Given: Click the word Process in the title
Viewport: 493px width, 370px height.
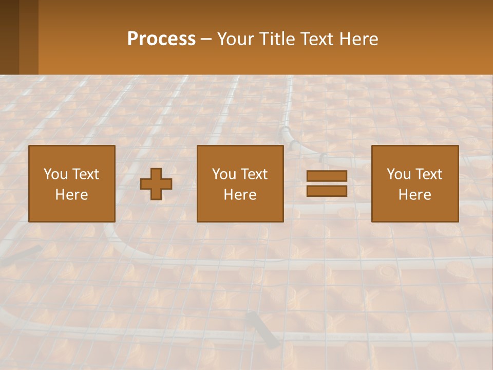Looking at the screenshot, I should (161, 39).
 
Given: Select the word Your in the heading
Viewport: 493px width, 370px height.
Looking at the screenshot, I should (236, 39).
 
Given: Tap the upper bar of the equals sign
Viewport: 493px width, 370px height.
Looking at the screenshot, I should (327, 176).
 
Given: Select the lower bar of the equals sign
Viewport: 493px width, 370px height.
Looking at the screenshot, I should (327, 191).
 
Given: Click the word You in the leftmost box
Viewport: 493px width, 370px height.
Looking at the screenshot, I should (55, 174).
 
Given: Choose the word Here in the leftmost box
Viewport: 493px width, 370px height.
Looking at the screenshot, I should (71, 195).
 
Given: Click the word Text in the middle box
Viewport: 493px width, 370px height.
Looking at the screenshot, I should (254, 174).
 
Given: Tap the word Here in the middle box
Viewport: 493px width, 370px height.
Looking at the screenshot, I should (240, 195).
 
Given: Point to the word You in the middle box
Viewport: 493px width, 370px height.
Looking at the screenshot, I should (223, 174).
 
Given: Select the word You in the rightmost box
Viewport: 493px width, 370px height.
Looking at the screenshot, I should (398, 174).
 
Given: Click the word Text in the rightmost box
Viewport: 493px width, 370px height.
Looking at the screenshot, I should (428, 174).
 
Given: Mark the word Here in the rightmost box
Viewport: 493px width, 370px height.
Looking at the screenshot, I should (414, 195).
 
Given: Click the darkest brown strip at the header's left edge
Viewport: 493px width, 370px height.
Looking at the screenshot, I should (9, 37).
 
